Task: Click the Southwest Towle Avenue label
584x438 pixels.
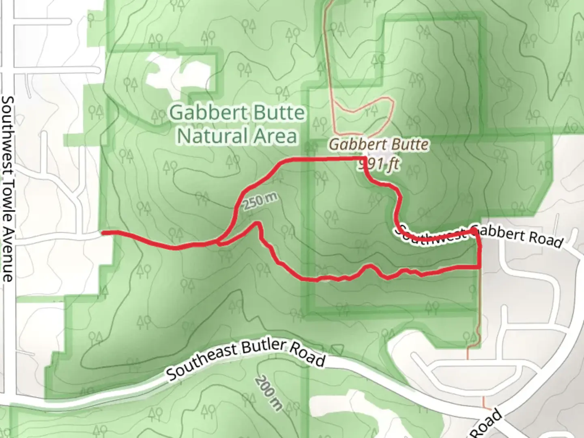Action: tap(8, 189)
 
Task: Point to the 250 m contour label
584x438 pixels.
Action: tap(261, 201)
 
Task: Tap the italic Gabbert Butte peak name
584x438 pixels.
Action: tap(379, 144)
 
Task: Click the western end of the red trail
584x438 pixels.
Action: tap(103, 232)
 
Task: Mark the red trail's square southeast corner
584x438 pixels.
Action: tap(480, 266)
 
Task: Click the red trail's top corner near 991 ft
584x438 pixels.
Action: tap(365, 158)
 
